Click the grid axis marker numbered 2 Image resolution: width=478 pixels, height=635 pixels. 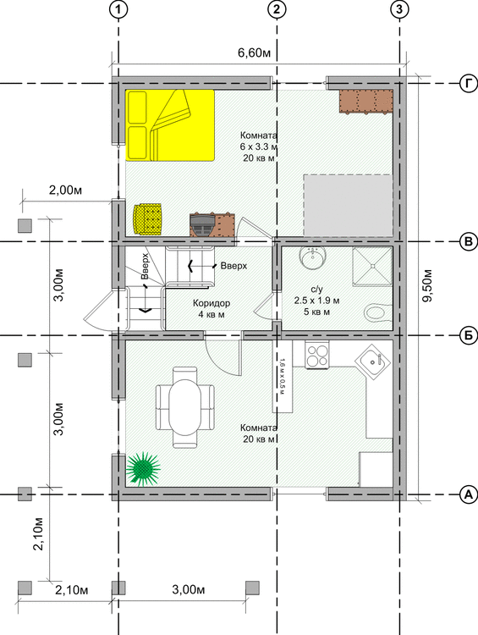(x=277, y=9)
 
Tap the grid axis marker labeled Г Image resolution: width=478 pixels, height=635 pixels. (x=469, y=84)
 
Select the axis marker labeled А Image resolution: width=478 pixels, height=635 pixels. (x=469, y=494)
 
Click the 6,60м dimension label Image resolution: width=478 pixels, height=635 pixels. (x=254, y=53)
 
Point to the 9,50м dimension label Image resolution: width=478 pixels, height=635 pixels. (x=426, y=285)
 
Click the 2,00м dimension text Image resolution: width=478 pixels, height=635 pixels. (x=65, y=190)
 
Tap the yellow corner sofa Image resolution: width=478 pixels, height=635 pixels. (x=170, y=125)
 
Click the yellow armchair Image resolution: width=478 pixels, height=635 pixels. (x=148, y=219)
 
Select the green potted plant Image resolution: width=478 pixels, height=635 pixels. (x=143, y=469)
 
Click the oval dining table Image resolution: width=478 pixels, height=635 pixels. (x=185, y=406)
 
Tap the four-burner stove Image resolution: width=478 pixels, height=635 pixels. (x=317, y=355)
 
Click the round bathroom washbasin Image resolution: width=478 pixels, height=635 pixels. (x=312, y=259)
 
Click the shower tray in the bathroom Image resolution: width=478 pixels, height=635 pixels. (x=372, y=266)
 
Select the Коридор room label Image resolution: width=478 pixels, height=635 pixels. (x=212, y=303)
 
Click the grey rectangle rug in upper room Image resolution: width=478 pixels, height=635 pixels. (x=349, y=206)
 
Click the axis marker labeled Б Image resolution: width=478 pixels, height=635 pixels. (x=469, y=335)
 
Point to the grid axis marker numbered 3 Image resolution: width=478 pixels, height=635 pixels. (x=399, y=9)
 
